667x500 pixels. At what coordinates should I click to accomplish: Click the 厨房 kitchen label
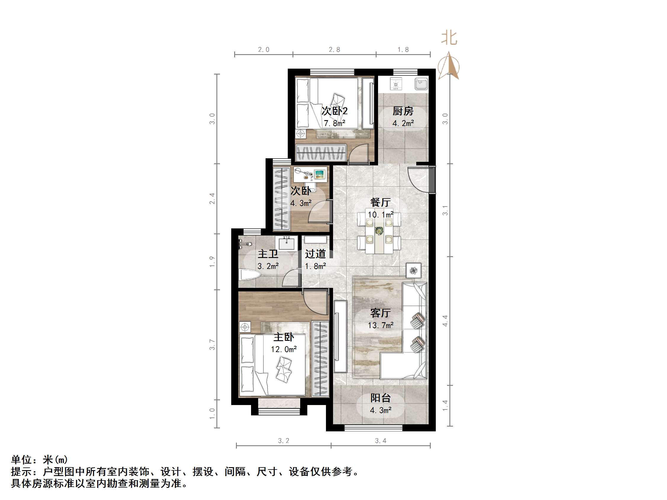(x=403, y=111)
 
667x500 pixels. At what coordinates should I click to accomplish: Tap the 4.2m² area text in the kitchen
(x=403, y=123)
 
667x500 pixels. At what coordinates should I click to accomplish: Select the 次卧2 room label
(x=334, y=111)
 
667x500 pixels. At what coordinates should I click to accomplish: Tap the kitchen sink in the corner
(x=421, y=84)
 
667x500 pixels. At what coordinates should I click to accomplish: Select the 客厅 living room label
(x=380, y=313)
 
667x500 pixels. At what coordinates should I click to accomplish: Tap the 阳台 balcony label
(x=380, y=398)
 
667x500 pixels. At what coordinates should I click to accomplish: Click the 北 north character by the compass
(x=449, y=38)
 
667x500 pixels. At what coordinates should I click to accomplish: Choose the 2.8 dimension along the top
(x=334, y=50)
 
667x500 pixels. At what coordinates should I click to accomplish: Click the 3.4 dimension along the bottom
(x=380, y=441)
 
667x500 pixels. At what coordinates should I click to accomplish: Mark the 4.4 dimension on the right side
(x=445, y=321)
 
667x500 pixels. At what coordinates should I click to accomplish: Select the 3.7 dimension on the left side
(x=212, y=344)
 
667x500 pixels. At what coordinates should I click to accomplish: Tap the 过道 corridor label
(x=315, y=254)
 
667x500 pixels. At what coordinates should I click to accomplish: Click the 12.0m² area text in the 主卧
(x=283, y=349)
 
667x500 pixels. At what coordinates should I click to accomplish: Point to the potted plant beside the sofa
(x=413, y=271)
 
